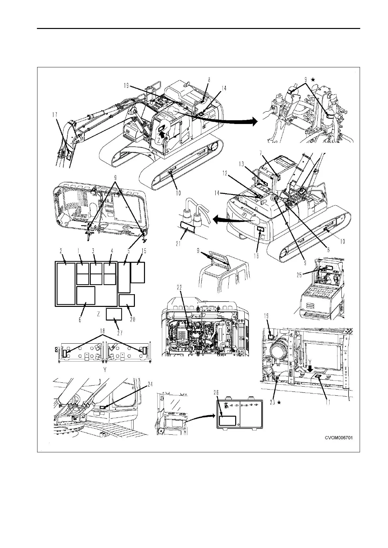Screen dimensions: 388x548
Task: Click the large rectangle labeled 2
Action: pyautogui.click(x=66, y=284)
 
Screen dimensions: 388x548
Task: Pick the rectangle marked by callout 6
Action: pyautogui.click(x=86, y=295)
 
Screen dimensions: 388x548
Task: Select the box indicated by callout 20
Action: pyautogui.click(x=127, y=300)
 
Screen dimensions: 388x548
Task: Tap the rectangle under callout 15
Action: pyautogui.click(x=137, y=272)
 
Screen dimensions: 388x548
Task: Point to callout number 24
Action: pyautogui.click(x=150, y=384)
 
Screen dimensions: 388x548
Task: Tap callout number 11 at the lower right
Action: pyautogui.click(x=328, y=402)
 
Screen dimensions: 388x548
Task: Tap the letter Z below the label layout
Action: pyautogui.click(x=98, y=314)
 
